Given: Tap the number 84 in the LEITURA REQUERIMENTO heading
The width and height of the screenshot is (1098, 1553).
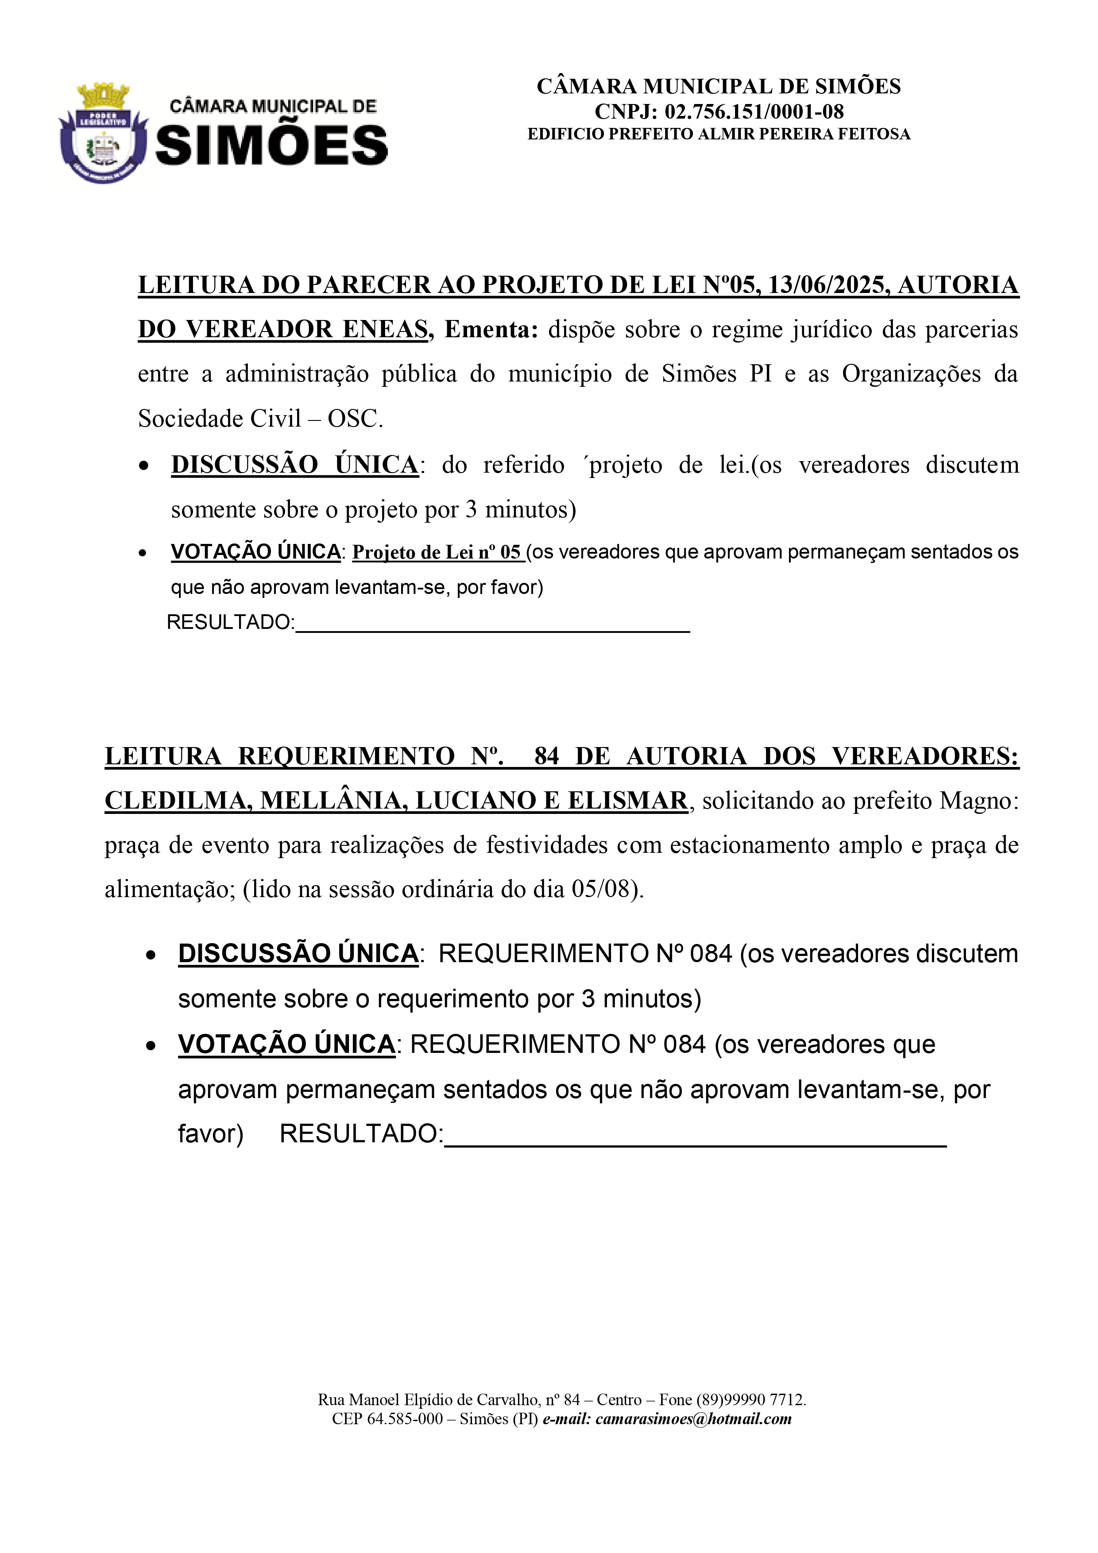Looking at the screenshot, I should pyautogui.click(x=547, y=755).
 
